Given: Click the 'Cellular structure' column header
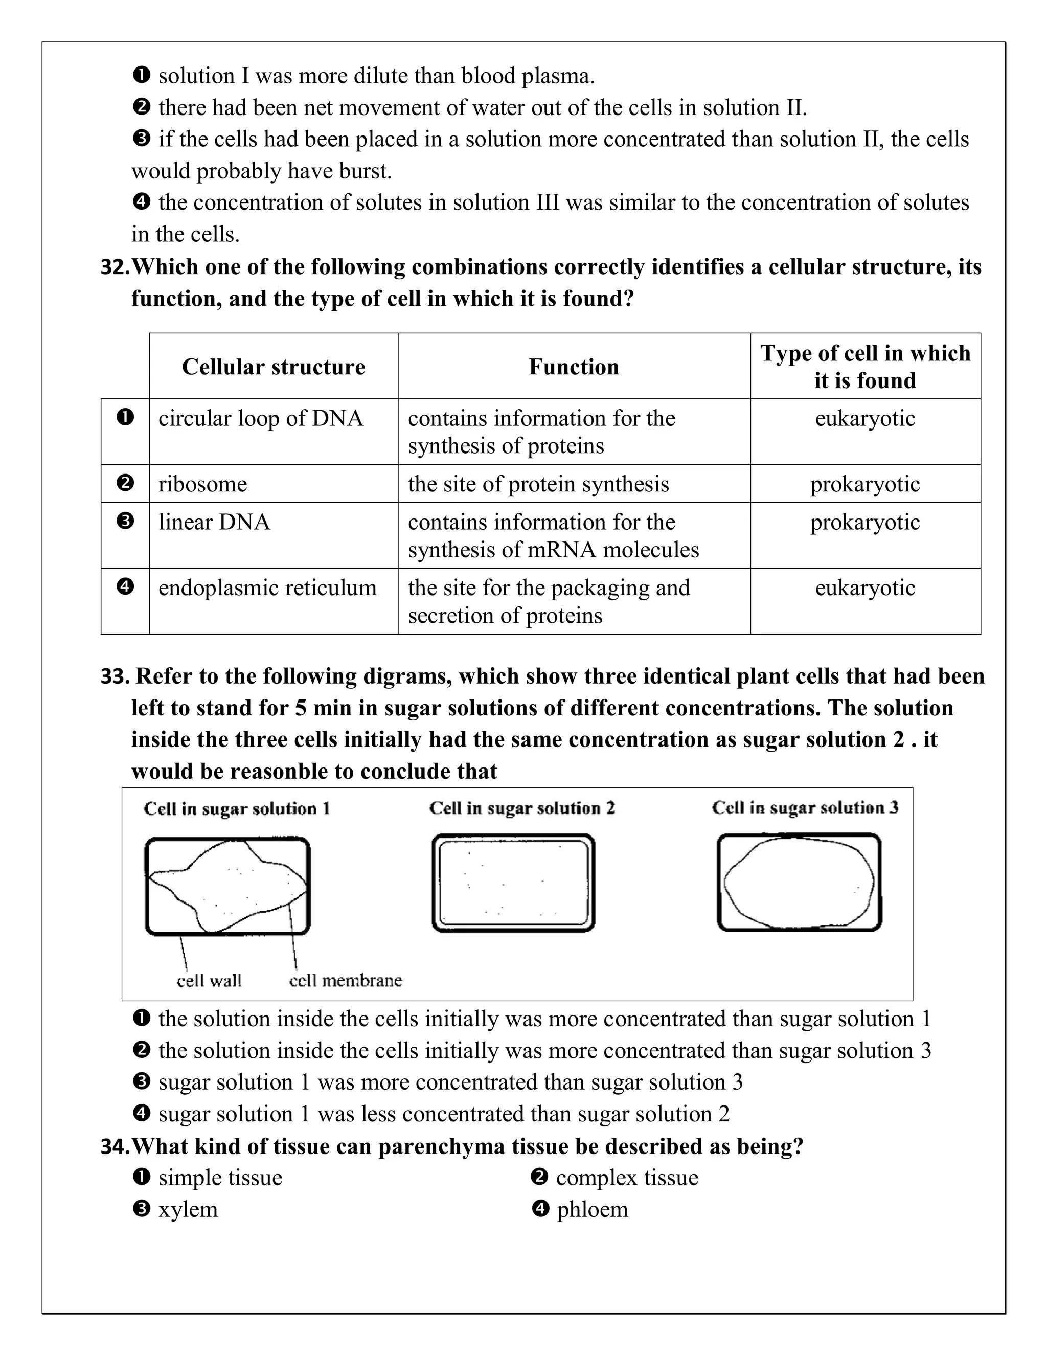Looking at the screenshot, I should click(273, 367).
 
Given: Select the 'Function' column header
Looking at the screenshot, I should click(574, 367).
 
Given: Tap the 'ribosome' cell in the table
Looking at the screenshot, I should click(203, 484).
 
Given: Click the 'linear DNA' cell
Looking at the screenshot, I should click(215, 522).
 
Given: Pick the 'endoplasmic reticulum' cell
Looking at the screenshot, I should click(267, 588).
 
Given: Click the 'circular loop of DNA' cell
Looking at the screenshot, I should click(261, 418).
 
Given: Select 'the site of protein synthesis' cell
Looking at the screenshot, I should click(538, 484).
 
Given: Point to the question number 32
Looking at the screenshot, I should click(114, 267).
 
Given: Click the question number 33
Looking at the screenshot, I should click(114, 675).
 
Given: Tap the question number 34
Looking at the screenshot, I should click(114, 1146).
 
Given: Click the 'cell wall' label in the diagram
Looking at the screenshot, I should click(209, 980).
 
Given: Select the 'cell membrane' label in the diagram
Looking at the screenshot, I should click(346, 980).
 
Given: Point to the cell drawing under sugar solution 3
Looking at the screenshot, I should click(799, 882).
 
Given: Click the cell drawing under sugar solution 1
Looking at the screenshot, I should click(227, 885).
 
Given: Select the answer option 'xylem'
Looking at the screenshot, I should click(188, 1209).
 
